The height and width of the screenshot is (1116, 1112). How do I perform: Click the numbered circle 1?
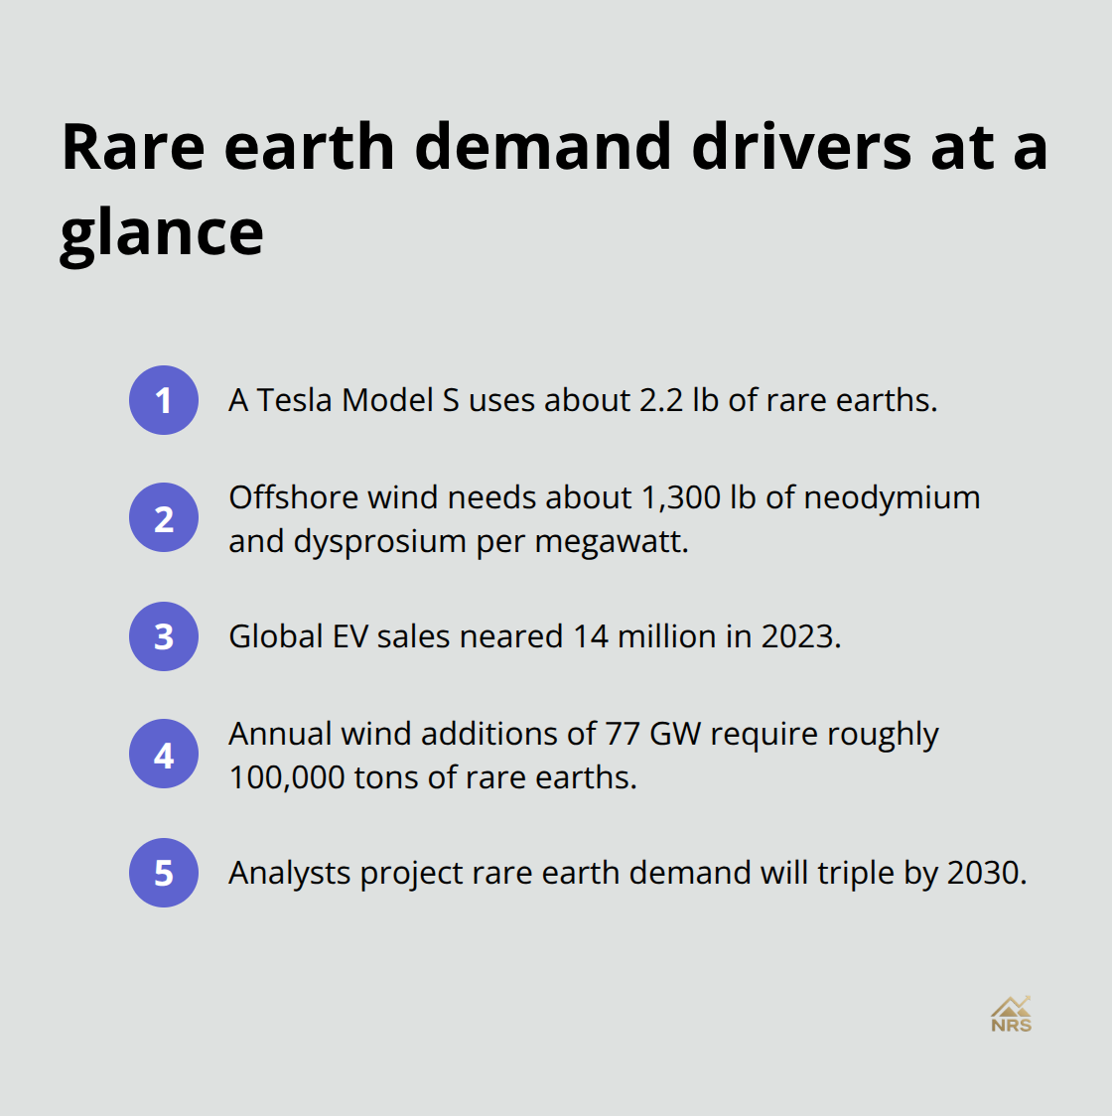(164, 400)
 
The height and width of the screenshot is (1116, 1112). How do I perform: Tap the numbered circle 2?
(164, 518)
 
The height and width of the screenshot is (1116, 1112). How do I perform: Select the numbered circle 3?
(164, 636)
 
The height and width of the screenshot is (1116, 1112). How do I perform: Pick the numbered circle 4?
(164, 755)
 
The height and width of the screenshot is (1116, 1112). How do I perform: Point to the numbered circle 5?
(164, 873)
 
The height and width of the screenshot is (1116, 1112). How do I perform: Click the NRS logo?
(1011, 1014)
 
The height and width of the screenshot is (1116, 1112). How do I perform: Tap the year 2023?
(800, 636)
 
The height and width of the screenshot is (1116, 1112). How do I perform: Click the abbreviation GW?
(675, 734)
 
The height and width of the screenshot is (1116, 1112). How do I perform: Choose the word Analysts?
(289, 873)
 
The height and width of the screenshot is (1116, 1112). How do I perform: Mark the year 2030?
(986, 873)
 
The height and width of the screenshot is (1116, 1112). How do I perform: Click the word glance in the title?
(162, 234)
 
